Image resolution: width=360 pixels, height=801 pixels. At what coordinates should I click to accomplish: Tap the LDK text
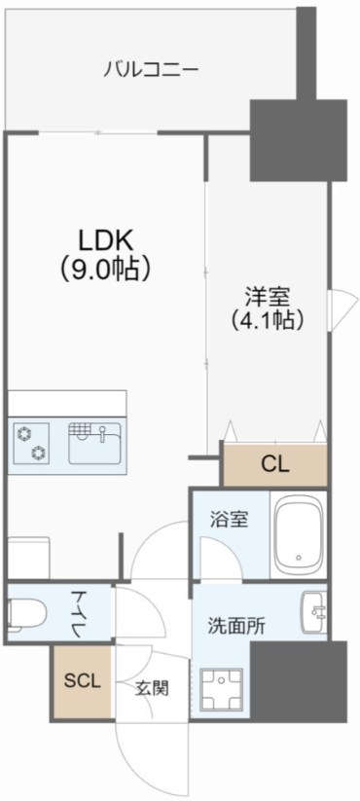[106, 239]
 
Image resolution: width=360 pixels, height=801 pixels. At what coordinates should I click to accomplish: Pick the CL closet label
[274, 464]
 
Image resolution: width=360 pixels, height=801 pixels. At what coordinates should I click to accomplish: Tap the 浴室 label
[230, 519]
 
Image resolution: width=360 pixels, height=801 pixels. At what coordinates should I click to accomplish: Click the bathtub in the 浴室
[299, 536]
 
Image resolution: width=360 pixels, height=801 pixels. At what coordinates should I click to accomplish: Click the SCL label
[82, 681]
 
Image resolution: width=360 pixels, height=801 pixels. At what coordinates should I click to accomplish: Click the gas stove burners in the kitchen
[31, 442]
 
